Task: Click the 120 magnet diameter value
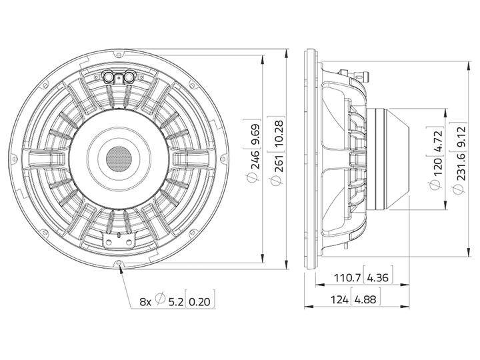click(437, 159)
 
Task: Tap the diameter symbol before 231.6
click(458, 189)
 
